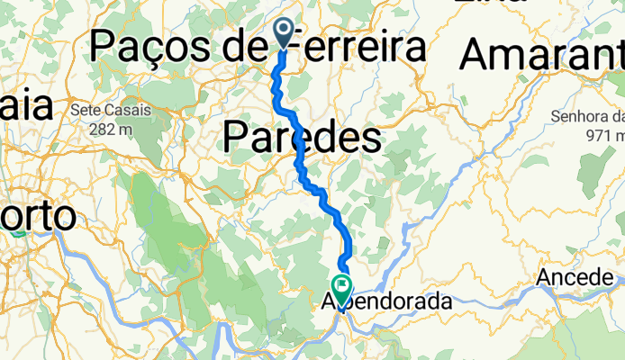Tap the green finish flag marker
[x=343, y=287]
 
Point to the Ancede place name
[x=573, y=278]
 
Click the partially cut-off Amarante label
[x=540, y=57]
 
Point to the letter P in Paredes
[x=234, y=138]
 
